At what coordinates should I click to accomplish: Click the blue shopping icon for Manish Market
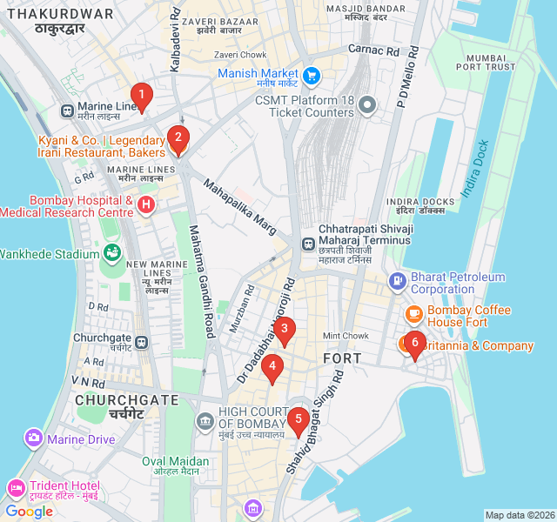pyautogui.click(x=312, y=75)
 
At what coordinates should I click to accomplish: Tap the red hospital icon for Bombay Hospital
pyautogui.click(x=146, y=205)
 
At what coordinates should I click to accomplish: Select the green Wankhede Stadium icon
pyautogui.click(x=112, y=253)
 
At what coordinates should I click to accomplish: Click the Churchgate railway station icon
pyautogui.click(x=141, y=342)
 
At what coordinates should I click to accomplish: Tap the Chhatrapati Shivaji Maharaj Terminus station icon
pyautogui.click(x=308, y=244)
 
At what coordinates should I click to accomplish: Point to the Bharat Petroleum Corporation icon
pyautogui.click(x=398, y=280)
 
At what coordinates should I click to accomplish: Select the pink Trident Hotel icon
pyautogui.click(x=16, y=487)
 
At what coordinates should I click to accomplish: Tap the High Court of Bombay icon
pyautogui.click(x=205, y=421)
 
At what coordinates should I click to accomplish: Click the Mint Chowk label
pyautogui.click(x=346, y=336)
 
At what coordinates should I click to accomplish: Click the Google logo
pyautogui.click(x=30, y=512)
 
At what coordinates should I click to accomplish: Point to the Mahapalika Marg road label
pyautogui.click(x=239, y=207)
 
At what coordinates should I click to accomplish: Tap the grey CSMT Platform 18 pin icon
pyautogui.click(x=367, y=106)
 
